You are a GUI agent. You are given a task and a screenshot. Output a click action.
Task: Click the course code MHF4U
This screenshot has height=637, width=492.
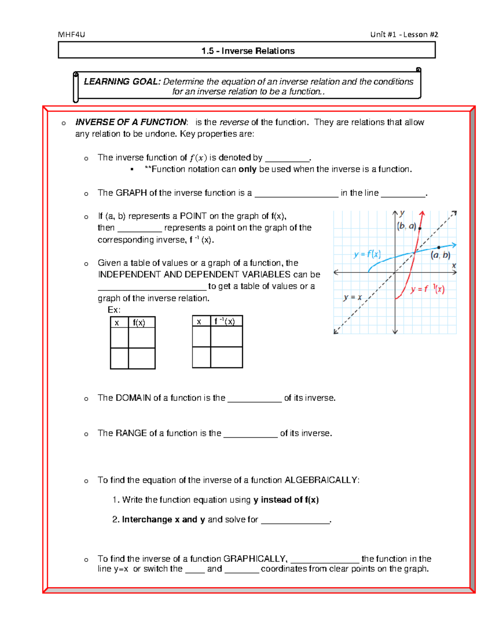(x=71, y=34)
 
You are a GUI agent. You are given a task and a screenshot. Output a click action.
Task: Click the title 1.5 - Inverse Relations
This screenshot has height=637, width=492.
(x=248, y=51)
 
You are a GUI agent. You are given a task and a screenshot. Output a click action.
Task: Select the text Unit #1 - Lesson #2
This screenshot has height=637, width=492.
(x=404, y=34)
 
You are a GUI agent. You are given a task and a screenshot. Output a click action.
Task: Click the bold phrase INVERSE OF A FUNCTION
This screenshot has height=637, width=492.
(x=131, y=122)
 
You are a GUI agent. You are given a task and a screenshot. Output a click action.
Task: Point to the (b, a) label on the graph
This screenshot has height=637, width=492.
(x=406, y=226)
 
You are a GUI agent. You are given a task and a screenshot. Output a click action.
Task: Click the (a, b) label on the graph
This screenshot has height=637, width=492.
(x=440, y=255)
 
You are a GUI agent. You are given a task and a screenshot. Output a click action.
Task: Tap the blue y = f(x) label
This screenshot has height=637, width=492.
(x=367, y=254)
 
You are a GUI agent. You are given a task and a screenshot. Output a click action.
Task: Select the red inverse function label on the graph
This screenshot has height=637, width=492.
(x=427, y=289)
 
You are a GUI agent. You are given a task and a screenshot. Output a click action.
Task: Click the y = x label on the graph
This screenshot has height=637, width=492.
(x=353, y=297)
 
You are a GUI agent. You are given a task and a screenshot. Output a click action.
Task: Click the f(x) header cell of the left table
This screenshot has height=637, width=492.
(x=139, y=322)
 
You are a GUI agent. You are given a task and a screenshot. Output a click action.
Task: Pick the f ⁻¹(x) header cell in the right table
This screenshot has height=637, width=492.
(x=225, y=321)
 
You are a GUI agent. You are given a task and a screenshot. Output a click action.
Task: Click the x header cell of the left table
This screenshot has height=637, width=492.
(x=117, y=322)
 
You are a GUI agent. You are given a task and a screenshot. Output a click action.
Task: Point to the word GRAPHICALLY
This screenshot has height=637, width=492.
(x=255, y=559)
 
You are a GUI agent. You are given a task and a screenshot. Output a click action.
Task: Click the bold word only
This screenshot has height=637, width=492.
(x=247, y=169)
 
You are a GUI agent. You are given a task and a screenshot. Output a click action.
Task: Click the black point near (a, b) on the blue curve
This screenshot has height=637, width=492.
(x=439, y=247)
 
